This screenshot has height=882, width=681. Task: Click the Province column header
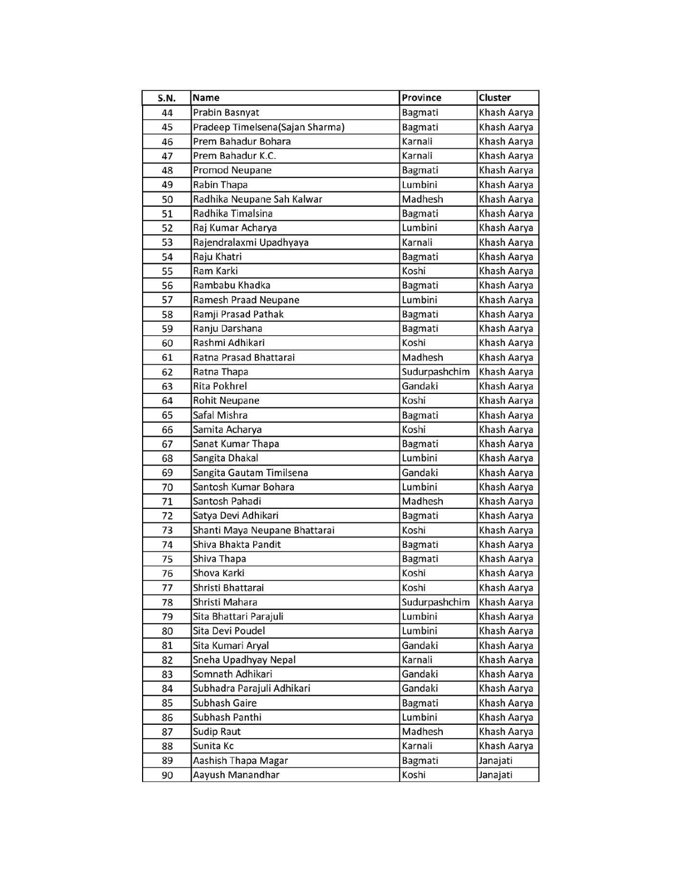click(421, 98)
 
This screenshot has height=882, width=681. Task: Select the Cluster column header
click(495, 98)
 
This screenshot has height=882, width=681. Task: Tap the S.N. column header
click(167, 98)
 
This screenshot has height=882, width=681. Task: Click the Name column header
click(206, 98)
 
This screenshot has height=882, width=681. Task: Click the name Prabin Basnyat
click(226, 113)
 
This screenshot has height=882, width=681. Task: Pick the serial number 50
click(167, 199)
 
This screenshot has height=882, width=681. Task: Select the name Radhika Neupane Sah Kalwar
click(257, 199)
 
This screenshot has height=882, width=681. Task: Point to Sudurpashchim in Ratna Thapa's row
click(436, 372)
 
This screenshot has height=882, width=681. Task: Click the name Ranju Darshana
click(228, 329)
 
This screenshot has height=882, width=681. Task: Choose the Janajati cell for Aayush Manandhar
click(496, 775)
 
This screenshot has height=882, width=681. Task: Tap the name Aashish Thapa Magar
click(240, 761)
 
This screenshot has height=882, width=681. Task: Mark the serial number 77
click(167, 588)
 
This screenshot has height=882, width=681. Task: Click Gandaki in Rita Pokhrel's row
click(420, 386)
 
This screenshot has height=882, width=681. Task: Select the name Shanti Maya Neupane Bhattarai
click(263, 530)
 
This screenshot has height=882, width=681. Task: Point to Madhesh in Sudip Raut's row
click(422, 732)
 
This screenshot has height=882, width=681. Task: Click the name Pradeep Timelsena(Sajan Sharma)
click(269, 127)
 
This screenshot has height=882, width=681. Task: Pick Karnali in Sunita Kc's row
click(417, 746)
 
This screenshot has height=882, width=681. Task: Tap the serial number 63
click(167, 386)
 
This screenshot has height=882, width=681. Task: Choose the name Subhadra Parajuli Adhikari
click(252, 688)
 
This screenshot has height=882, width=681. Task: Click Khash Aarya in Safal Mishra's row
click(506, 415)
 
